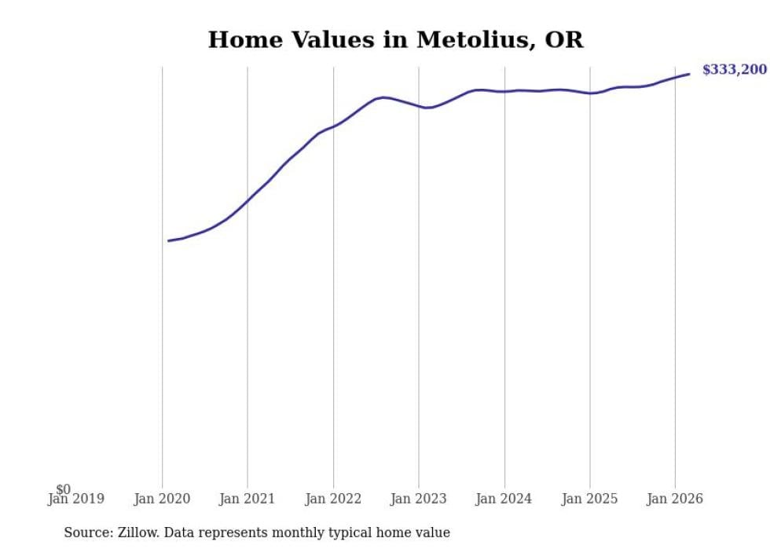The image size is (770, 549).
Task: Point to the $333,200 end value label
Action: pos(734,70)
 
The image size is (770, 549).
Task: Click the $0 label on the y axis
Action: pos(63,490)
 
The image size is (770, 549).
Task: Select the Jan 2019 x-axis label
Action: pos(76,499)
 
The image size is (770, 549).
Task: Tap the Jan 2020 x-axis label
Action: pos(162,499)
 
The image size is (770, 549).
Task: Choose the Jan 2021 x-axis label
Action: pos(247,499)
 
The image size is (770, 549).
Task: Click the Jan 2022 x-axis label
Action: pos(333,499)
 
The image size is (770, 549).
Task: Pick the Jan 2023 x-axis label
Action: pos(419,499)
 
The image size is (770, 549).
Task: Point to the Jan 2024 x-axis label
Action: pos(504,499)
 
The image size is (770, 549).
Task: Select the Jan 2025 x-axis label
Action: pos(590,499)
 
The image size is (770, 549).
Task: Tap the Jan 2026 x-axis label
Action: pos(675,499)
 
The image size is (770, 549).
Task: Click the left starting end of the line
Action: pos(168,240)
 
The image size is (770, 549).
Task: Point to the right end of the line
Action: pos(689,74)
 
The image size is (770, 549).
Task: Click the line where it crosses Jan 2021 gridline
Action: pos(247,201)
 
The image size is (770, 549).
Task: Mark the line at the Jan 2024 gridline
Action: pos(504,91)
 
